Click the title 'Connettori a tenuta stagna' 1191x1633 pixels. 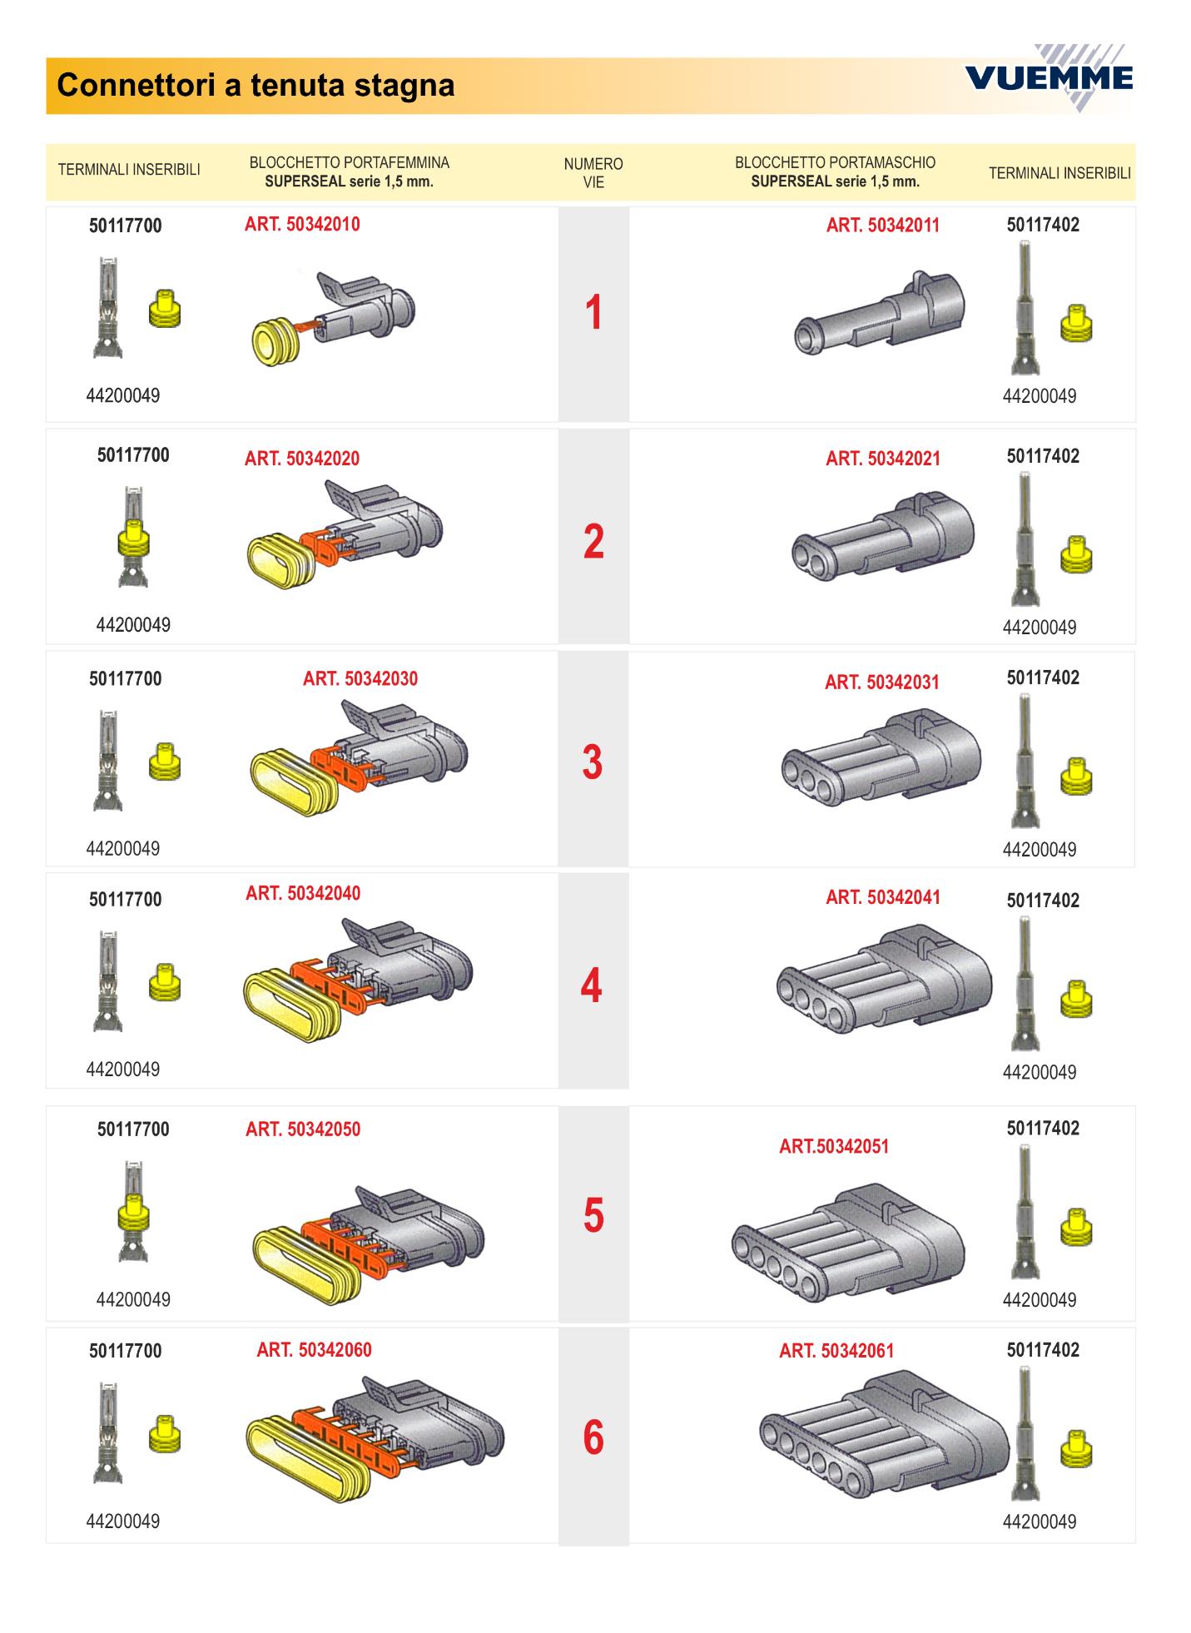point(256,85)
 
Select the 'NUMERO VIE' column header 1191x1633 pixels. point(593,172)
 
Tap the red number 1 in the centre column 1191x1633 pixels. point(593,313)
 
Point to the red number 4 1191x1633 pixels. point(591,985)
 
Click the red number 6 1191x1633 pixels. point(593,1437)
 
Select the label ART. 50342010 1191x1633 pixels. point(302,225)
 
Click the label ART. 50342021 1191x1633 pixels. point(883,459)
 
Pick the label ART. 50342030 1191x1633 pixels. point(360,679)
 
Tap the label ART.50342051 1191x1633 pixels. point(834,1146)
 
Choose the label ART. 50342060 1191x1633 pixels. point(315,1350)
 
